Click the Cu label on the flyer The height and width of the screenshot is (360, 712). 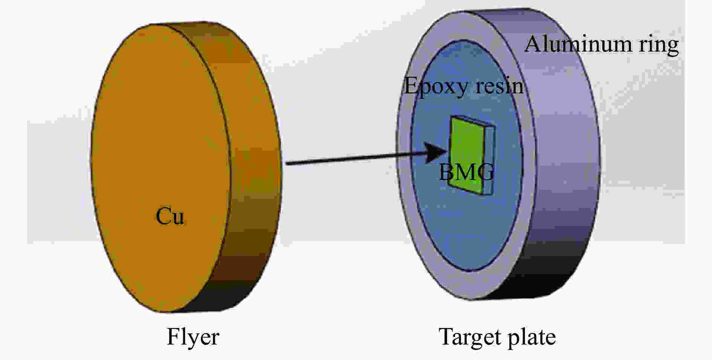click(x=170, y=217)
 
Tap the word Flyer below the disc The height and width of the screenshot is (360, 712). click(x=193, y=337)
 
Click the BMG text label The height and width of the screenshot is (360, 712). click(x=466, y=172)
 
